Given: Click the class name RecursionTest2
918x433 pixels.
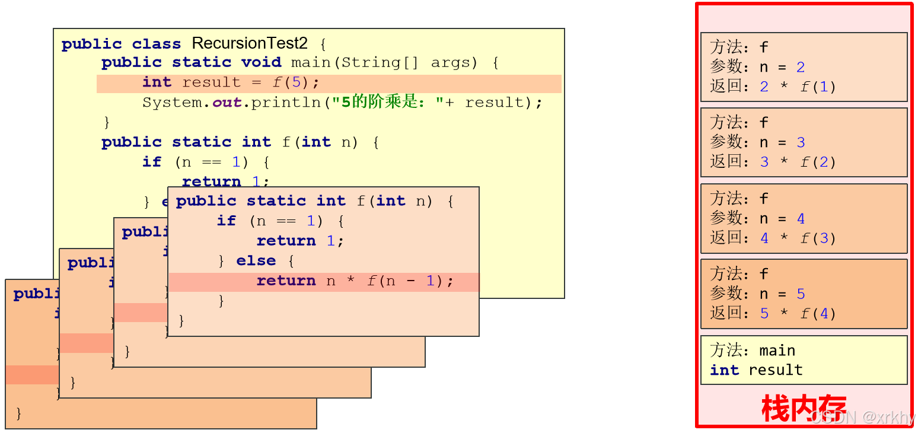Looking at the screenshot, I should [x=249, y=43].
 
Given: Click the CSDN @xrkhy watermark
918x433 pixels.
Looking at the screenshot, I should [x=863, y=417].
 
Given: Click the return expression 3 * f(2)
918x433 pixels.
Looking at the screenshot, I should [x=797, y=162].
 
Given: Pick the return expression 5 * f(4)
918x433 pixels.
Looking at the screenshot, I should [x=797, y=313].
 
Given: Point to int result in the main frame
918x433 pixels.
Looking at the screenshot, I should [x=756, y=370].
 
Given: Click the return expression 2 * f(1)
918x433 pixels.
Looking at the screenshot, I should [x=797, y=87].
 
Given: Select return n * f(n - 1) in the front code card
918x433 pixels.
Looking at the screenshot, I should [x=355, y=281].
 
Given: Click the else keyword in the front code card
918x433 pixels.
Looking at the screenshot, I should [x=256, y=261].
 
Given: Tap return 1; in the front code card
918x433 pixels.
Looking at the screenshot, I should [x=300, y=241].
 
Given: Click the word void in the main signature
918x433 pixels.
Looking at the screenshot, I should [x=261, y=62].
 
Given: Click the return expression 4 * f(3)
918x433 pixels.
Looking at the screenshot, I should [x=797, y=238].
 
